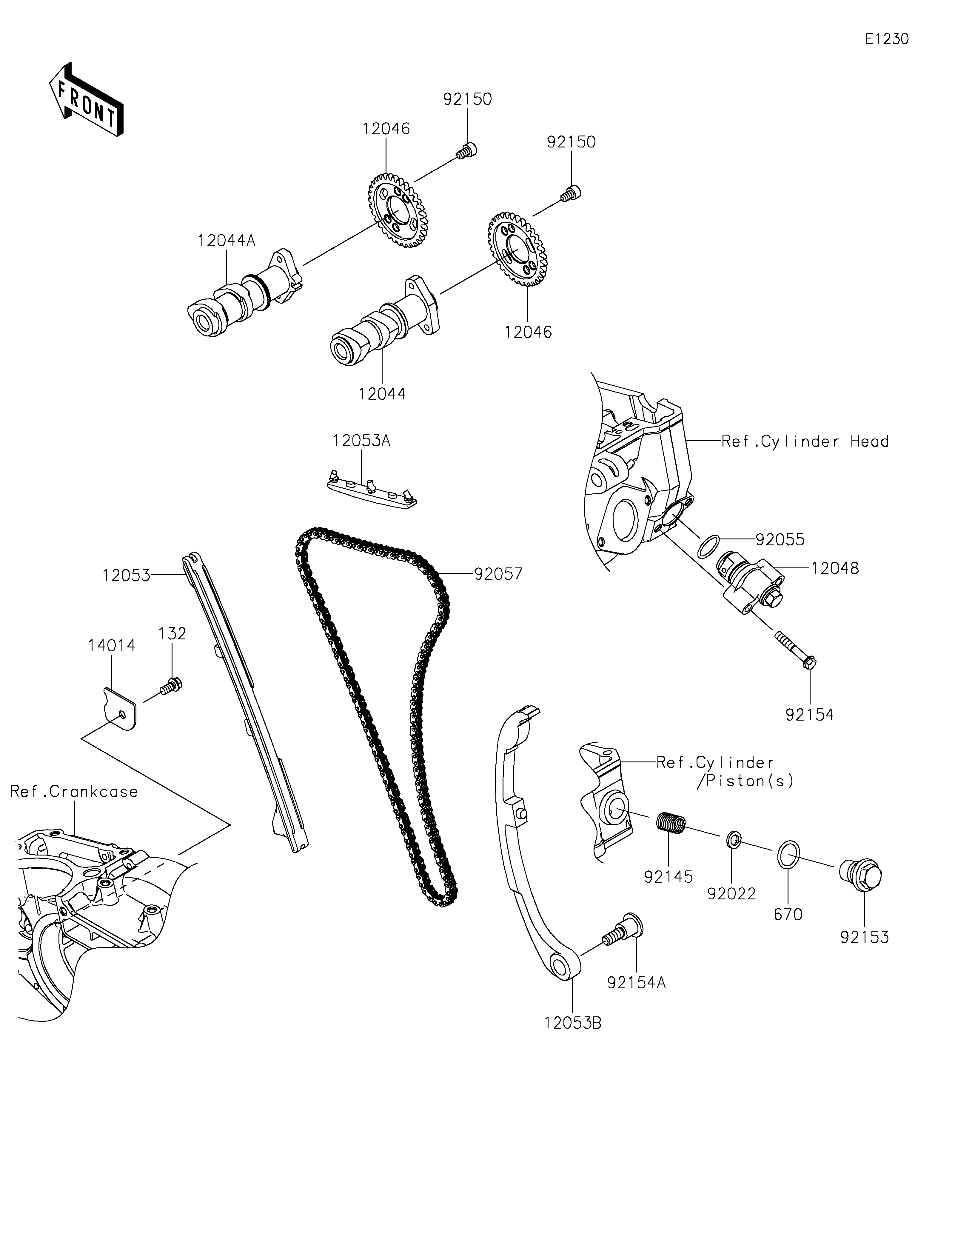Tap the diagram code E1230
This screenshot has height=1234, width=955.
coord(887,39)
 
